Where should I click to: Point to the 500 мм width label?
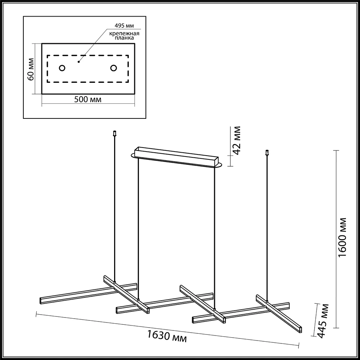click(87, 100)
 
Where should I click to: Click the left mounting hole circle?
click(62, 68)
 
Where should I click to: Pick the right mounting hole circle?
click(114, 68)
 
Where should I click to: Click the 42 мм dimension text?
click(236, 140)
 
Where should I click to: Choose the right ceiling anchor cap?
click(267, 152)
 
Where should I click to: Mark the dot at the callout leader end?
click(78, 62)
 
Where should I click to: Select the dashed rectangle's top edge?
click(88, 55)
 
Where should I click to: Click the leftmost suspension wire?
click(115, 209)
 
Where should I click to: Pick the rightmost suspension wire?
click(267, 227)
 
